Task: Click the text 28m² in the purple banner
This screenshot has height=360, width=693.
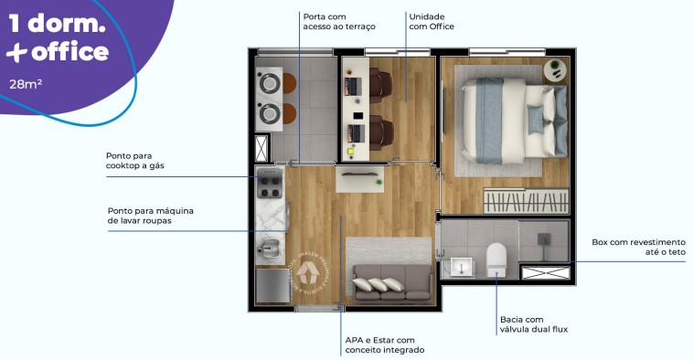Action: pos(28,84)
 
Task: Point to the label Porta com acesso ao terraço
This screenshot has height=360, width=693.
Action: pos(337,22)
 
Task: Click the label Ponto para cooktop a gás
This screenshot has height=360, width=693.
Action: pos(141,161)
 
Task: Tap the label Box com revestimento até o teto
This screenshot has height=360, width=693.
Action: pos(632,247)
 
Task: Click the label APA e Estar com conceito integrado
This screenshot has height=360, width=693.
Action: pos(384,345)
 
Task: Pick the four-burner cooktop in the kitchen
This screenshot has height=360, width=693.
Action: pos(271,185)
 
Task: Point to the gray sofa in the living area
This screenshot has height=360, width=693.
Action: pos(391,283)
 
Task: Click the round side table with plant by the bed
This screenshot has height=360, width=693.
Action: pos(555,70)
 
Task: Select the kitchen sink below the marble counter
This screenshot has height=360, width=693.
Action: pos(270,246)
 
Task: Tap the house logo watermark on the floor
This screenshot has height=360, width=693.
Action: pos(306,272)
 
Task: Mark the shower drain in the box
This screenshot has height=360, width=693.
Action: pos(545,240)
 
